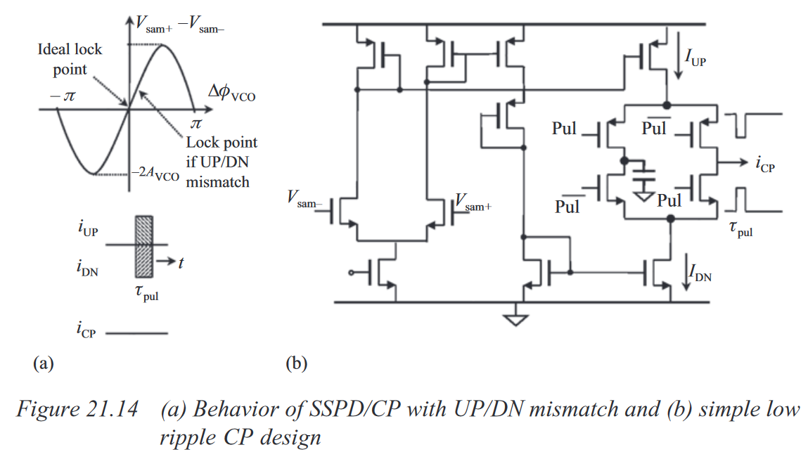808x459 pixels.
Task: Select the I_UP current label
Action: coord(695,57)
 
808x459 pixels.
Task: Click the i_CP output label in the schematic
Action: coord(765,164)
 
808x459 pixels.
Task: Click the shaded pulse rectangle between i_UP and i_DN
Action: coord(143,247)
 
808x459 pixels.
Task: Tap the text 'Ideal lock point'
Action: coord(70,59)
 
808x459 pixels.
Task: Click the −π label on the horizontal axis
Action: coord(63,96)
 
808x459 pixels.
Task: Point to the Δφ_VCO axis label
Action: coord(231,92)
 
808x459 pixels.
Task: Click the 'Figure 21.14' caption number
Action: coord(77,409)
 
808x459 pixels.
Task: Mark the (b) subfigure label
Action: coord(296,363)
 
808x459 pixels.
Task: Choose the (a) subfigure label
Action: coord(44,363)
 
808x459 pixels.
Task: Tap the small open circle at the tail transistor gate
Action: coord(351,273)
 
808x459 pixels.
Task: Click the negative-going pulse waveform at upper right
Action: coord(753,125)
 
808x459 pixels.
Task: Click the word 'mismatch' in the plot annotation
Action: coord(217,182)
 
